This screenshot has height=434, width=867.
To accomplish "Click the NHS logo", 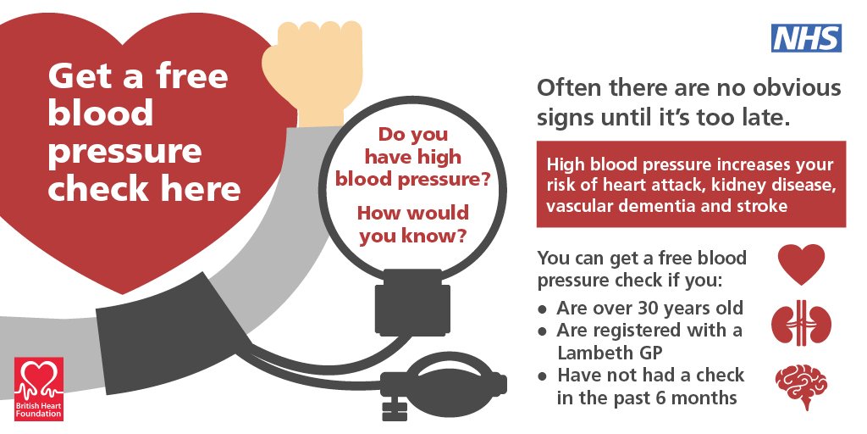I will click(x=805, y=37).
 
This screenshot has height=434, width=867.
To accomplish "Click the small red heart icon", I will click(x=800, y=264).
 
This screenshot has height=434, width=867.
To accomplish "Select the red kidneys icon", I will click(x=800, y=324).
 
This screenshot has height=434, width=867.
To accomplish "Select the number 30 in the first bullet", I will click(x=658, y=308).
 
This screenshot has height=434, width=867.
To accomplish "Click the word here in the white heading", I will click(x=200, y=188).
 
